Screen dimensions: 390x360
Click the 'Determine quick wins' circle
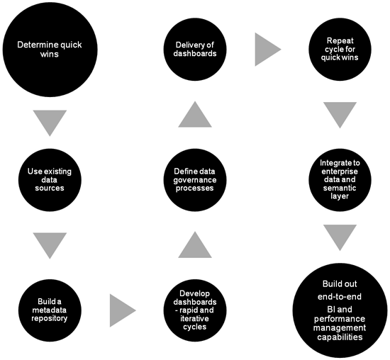click(x=50, y=50)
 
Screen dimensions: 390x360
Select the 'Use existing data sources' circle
click(x=50, y=180)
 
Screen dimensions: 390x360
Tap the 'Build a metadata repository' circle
click(x=50, y=310)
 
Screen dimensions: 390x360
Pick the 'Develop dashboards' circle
click(x=195, y=310)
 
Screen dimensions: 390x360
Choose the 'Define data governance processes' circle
click(x=195, y=180)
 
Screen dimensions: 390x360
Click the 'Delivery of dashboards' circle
click(x=195, y=50)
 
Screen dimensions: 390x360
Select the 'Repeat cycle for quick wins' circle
click(x=340, y=50)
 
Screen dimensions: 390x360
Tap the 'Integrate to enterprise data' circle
click(x=340, y=180)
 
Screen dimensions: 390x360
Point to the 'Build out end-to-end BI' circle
click(x=340, y=310)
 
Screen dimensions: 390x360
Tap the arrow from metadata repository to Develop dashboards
click(x=122, y=310)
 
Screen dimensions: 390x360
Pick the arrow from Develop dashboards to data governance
click(x=195, y=246)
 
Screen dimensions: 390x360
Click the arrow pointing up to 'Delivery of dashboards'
click(x=195, y=116)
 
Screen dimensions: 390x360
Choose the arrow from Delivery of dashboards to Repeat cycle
click(x=267, y=50)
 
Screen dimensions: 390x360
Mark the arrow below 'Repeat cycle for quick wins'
click(x=340, y=113)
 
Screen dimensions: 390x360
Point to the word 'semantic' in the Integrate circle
click(x=340, y=188)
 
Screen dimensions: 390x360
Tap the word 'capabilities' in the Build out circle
click(x=340, y=337)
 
